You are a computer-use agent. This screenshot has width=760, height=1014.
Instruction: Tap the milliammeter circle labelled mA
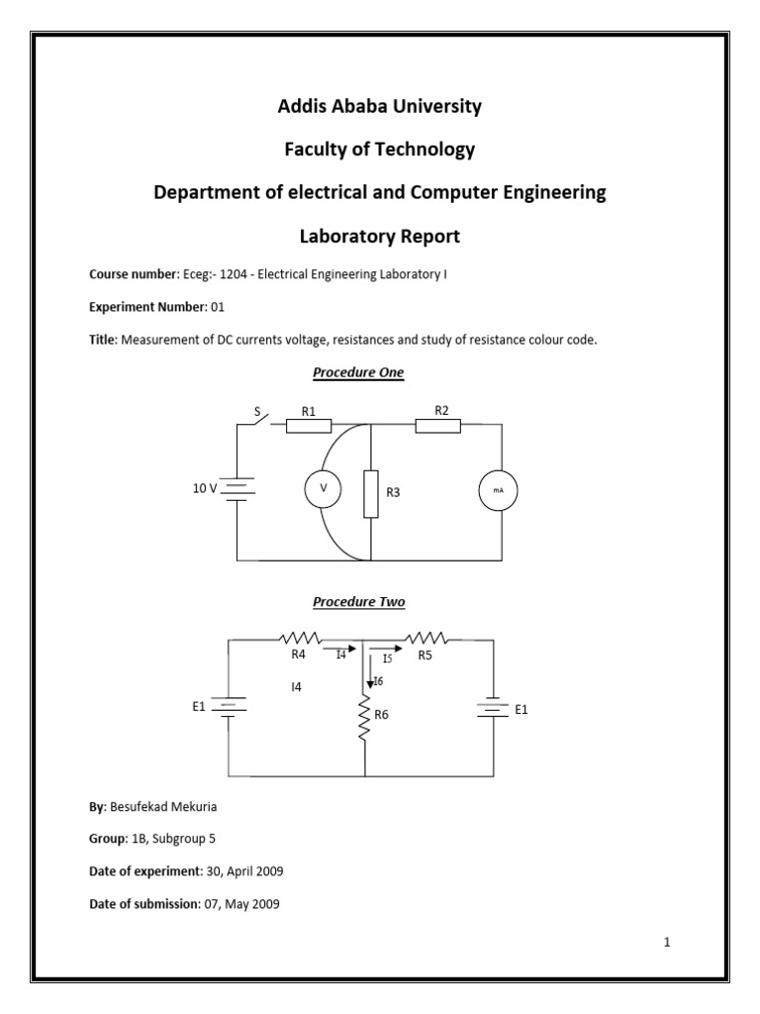(x=498, y=489)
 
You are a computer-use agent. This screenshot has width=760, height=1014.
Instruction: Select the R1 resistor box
(x=309, y=426)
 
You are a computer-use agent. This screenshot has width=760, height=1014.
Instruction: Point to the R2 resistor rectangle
(x=438, y=426)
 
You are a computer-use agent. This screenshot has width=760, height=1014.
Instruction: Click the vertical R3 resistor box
(x=371, y=494)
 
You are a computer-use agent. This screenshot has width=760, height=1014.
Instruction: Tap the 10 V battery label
(x=206, y=488)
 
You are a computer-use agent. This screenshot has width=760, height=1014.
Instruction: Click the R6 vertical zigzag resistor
(x=365, y=720)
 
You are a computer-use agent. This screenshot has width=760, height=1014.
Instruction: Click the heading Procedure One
(x=358, y=372)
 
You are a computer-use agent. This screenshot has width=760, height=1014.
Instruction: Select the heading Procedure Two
(x=358, y=601)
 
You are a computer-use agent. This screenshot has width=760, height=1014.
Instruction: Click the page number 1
(x=668, y=942)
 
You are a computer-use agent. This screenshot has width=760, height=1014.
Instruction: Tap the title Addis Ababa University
(x=380, y=106)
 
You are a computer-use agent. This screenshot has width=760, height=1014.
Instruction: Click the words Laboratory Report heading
(x=380, y=237)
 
